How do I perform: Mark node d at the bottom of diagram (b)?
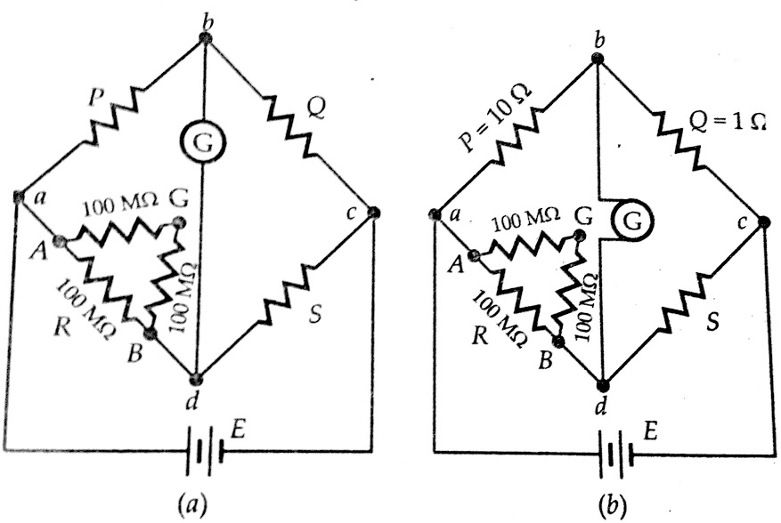coord(603,385)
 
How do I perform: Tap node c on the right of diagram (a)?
coord(373,213)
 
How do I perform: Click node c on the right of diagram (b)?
coord(764,221)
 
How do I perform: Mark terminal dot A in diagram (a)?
coord(60,240)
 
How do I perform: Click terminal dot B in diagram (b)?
coord(558,341)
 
